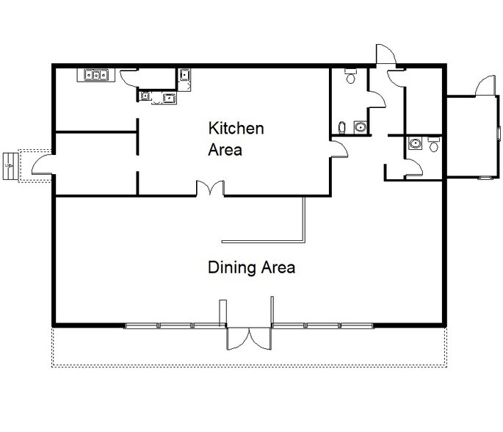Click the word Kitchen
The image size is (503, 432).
[x=236, y=129]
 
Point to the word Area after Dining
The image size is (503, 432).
[x=275, y=267]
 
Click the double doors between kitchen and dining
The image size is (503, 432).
[x=211, y=189]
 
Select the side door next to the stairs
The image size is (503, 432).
[x=41, y=162]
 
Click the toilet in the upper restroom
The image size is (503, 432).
[x=350, y=76]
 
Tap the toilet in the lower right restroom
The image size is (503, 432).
[x=433, y=145]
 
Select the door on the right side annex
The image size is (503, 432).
[x=485, y=86]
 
